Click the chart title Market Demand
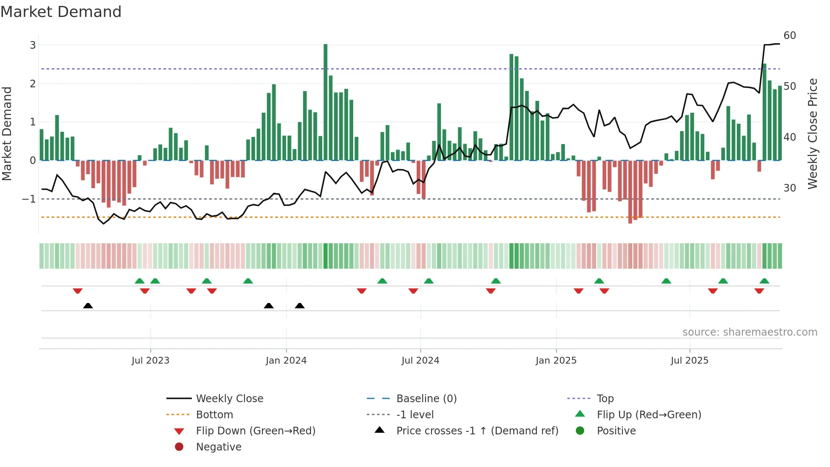tap(61, 12)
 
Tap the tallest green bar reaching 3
tap(325, 102)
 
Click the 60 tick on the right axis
tap(790, 36)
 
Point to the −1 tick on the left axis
tap(29, 199)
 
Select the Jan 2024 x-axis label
tap(286, 361)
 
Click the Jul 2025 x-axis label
tap(689, 361)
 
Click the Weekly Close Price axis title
tap(812, 133)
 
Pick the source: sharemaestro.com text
tap(750, 332)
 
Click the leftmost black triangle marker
tap(88, 306)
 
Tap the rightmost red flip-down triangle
tap(759, 291)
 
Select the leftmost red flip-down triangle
tap(77, 291)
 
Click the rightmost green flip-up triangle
tap(764, 281)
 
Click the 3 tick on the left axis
tap(33, 45)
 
